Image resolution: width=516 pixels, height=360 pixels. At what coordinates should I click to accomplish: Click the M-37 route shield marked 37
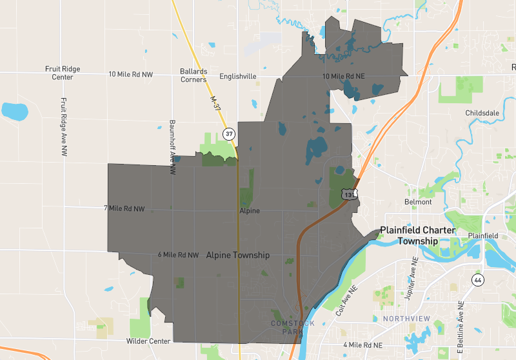(x=228, y=134)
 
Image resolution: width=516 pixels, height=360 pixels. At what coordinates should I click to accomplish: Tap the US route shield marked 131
(x=349, y=194)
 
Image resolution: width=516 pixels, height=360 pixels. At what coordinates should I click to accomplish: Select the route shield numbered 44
(x=477, y=280)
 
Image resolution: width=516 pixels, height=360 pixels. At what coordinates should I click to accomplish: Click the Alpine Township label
(x=238, y=255)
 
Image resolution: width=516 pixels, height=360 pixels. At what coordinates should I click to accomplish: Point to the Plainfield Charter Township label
(x=417, y=235)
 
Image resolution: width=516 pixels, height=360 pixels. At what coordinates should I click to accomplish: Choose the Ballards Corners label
(x=193, y=75)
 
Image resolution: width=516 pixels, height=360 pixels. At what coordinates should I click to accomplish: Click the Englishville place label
(x=238, y=76)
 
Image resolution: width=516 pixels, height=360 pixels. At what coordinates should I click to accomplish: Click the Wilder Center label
(x=149, y=341)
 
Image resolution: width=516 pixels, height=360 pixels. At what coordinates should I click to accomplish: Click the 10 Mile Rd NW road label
(x=131, y=75)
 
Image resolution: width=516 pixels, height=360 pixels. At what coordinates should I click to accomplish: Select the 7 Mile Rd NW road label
(x=124, y=208)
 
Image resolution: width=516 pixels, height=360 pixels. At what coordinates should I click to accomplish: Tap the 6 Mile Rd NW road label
(x=178, y=255)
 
